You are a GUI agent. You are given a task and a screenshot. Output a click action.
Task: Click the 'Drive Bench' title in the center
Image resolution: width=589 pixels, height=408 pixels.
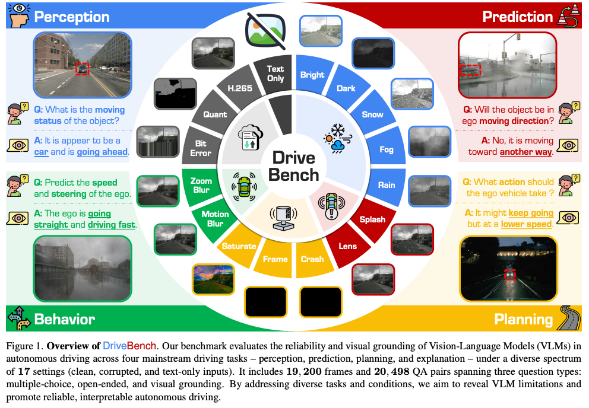click(x=295, y=166)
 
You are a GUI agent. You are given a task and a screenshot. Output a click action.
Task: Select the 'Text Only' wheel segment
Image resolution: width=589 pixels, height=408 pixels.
click(x=275, y=74)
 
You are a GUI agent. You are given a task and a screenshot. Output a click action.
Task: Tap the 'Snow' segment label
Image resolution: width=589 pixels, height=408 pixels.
click(x=372, y=114)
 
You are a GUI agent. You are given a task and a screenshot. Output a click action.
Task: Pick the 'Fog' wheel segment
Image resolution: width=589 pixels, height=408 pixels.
click(x=387, y=149)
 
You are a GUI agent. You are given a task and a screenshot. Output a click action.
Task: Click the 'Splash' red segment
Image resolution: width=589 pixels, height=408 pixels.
click(x=372, y=219)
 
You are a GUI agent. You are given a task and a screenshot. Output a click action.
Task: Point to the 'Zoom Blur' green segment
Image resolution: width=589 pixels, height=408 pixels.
click(x=201, y=184)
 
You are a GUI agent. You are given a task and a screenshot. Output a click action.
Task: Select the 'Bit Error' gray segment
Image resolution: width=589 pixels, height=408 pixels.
click(x=200, y=148)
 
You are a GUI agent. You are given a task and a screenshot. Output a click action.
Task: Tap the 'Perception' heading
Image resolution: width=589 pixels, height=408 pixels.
click(x=71, y=17)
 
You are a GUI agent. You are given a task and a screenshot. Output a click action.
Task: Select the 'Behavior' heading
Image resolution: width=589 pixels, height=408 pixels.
click(x=64, y=319)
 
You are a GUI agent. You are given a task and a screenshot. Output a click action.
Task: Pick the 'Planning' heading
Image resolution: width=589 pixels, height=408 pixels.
click(x=523, y=320)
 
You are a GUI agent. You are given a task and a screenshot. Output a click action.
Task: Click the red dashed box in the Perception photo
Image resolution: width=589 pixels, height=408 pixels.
click(x=82, y=68)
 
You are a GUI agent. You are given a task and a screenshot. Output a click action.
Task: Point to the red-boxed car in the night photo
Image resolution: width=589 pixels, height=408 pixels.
click(x=509, y=274)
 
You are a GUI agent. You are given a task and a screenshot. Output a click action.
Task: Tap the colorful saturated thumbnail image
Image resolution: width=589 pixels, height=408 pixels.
click(x=213, y=279)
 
